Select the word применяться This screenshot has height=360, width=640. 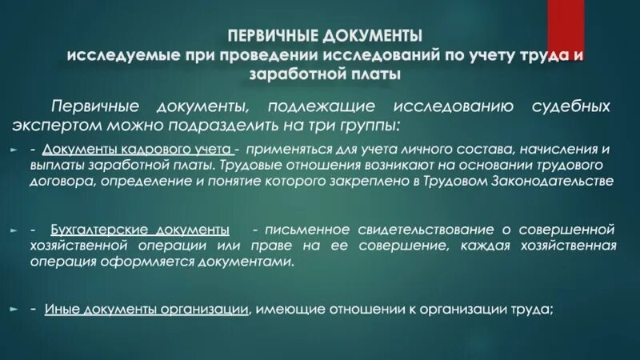coord(286,149)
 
